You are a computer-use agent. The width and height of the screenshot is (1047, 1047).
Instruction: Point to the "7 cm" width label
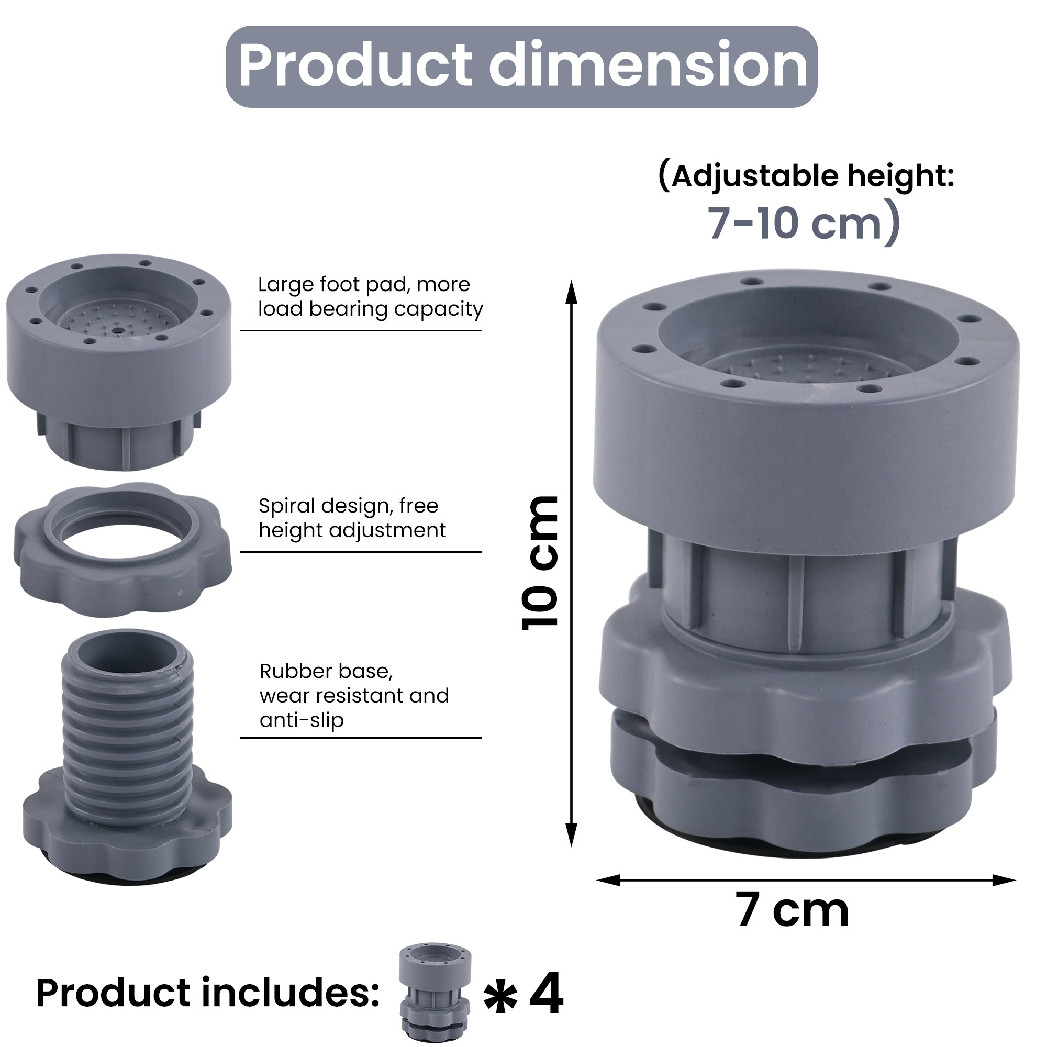pos(792,911)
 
